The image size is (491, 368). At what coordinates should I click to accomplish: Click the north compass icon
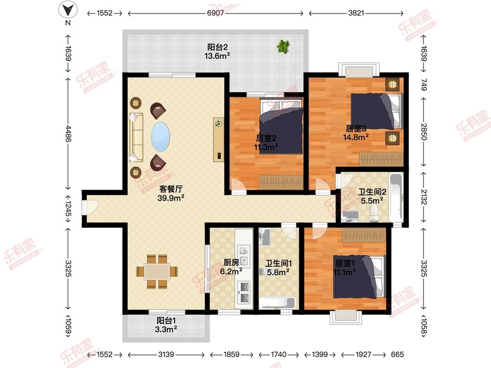tap(68, 10)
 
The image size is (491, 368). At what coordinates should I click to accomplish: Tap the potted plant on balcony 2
tap(283, 46)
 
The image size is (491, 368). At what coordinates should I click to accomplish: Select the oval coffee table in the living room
tap(161, 137)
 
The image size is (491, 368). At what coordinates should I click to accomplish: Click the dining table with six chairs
tap(157, 272)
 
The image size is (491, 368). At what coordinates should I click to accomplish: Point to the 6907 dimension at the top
tap(216, 13)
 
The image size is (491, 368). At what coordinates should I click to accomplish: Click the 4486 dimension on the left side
tap(68, 133)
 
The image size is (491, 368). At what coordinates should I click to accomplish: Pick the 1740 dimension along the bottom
tap(279, 354)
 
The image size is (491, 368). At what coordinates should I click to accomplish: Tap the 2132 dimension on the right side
tap(424, 197)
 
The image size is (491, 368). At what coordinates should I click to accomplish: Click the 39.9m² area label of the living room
tap(171, 198)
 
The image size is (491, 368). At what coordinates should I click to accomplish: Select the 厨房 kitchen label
tap(231, 262)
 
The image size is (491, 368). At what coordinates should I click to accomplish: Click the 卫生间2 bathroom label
tap(372, 192)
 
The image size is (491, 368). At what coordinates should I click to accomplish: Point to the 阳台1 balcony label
tap(166, 320)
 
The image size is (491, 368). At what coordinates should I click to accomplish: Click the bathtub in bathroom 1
tap(277, 303)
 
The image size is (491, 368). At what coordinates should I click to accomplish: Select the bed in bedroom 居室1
tap(359, 276)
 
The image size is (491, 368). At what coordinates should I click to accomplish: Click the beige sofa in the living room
tap(136, 138)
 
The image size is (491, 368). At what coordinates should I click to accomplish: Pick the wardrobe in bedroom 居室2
tap(281, 182)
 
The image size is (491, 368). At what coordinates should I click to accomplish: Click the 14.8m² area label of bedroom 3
tap(356, 137)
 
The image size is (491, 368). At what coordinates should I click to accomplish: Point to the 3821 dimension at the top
tap(356, 13)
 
